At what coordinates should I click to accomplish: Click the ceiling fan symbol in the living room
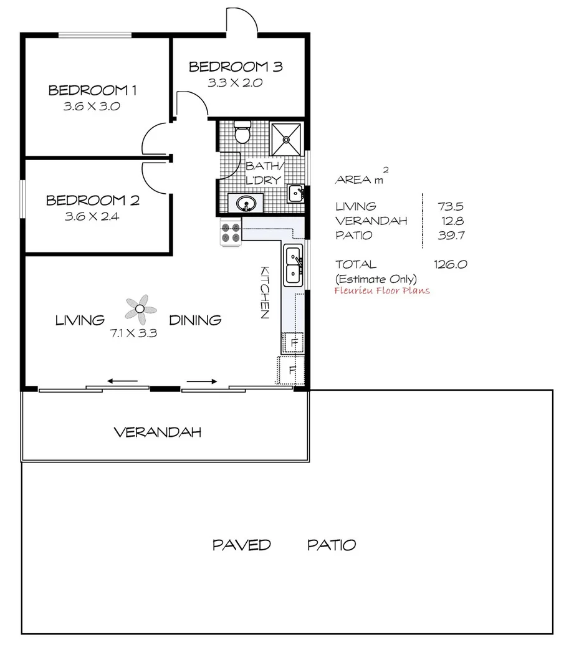tap(141, 307)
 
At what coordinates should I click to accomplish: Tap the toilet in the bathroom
tap(241, 132)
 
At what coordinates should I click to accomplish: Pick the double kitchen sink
tap(292, 264)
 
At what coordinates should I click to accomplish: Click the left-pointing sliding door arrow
tap(122, 380)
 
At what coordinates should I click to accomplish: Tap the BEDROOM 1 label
tap(93, 91)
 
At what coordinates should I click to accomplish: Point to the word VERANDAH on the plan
tap(158, 432)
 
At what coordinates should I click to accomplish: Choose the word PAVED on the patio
tap(242, 545)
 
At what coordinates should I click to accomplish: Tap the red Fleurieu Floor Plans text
tap(382, 290)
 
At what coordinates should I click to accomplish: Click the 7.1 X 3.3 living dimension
tap(133, 333)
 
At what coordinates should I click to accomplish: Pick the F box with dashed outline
tap(291, 369)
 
